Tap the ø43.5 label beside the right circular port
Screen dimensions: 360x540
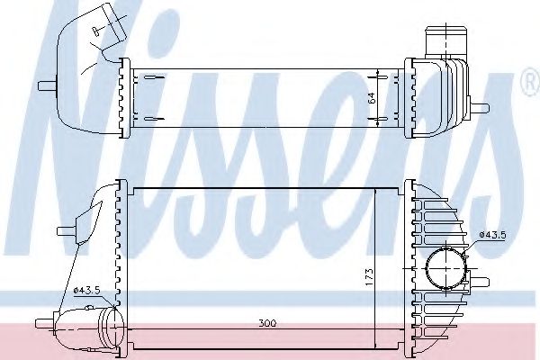pos(494,236)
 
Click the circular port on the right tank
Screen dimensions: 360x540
pos(444,267)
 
